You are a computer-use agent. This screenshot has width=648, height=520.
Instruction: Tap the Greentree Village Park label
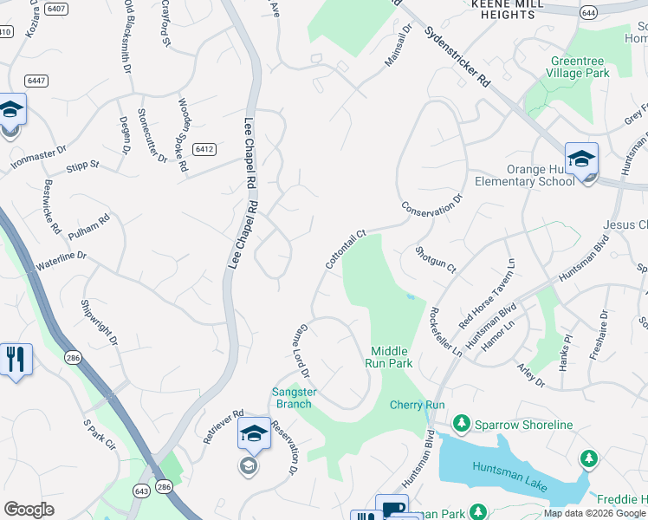pyautogui.click(x=578, y=67)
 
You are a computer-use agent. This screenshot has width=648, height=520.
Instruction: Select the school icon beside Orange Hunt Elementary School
pyautogui.click(x=581, y=159)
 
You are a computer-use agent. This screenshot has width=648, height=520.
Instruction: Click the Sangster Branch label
pyautogui.click(x=293, y=398)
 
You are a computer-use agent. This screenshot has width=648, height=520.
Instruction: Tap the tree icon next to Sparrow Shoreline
pyautogui.click(x=462, y=424)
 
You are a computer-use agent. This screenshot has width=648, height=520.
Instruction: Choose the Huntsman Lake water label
pyautogui.click(x=509, y=478)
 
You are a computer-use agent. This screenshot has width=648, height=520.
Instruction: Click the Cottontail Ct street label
pyautogui.click(x=347, y=249)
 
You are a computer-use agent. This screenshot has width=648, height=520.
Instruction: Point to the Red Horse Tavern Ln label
pyautogui.click(x=487, y=293)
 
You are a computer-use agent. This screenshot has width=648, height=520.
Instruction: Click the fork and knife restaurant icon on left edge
pyautogui.click(x=15, y=359)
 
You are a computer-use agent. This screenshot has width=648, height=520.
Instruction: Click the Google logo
pyautogui.click(x=29, y=509)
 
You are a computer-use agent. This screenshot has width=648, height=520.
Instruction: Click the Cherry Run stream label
pyautogui.click(x=417, y=405)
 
